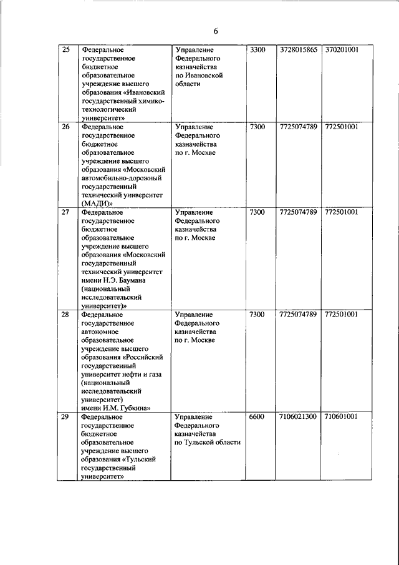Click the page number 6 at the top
pyautogui.click(x=216, y=31)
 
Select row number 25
pyautogui.click(x=65, y=49)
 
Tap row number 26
pyautogui.click(x=65, y=127)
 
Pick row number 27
pyautogui.click(x=65, y=212)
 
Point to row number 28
pyautogui.click(x=65, y=315)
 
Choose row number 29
pyautogui.click(x=65, y=416)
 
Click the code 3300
pyautogui.click(x=257, y=49)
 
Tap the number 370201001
pyautogui.click(x=341, y=49)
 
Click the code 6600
pyautogui.click(x=257, y=416)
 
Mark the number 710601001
pyautogui.click(x=341, y=416)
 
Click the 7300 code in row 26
pyautogui.click(x=257, y=127)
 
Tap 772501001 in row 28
pyautogui.click(x=341, y=315)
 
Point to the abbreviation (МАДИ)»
pyautogui.click(x=96, y=204)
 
